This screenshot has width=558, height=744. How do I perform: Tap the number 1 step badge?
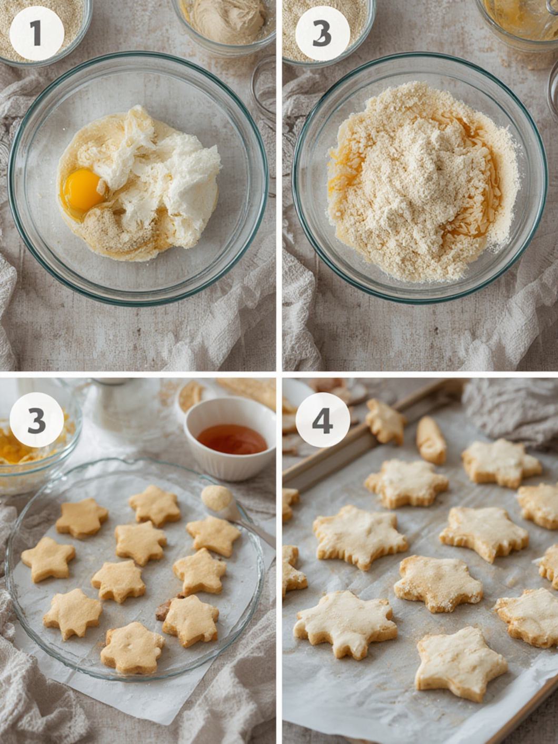coord(37,33)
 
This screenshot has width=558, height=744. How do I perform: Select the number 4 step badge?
coord(322,420)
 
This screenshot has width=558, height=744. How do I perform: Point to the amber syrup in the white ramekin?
coord(233,439)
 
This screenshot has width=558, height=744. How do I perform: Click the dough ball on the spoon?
coord(216,498)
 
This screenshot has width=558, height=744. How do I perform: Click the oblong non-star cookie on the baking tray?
coord(431,440)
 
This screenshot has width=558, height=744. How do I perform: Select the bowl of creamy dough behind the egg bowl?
coord(224,24)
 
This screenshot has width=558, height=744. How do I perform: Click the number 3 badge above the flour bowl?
coord(322,33)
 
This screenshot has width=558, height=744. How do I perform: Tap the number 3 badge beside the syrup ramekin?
coord(37,420)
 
